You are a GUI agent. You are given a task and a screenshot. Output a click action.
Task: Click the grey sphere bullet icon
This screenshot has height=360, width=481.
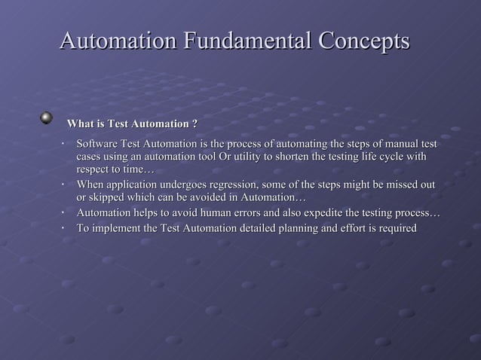pyautogui.click(x=47, y=118)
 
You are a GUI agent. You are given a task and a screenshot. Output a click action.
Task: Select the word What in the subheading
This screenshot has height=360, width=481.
pyautogui.click(x=81, y=124)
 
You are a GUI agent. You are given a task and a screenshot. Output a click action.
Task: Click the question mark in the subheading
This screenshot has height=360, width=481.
pyautogui.click(x=195, y=124)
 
